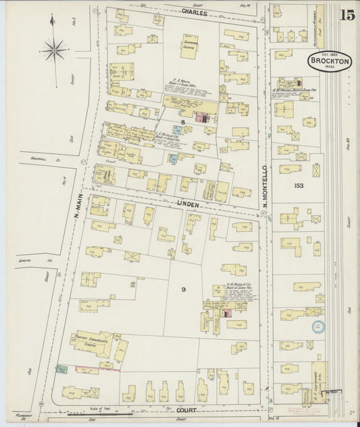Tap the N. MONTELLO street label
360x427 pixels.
pyautogui.click(x=265, y=186)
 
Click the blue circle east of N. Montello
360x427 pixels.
pyautogui.click(x=318, y=326)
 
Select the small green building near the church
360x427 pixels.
pyautogui.click(x=63, y=369)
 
